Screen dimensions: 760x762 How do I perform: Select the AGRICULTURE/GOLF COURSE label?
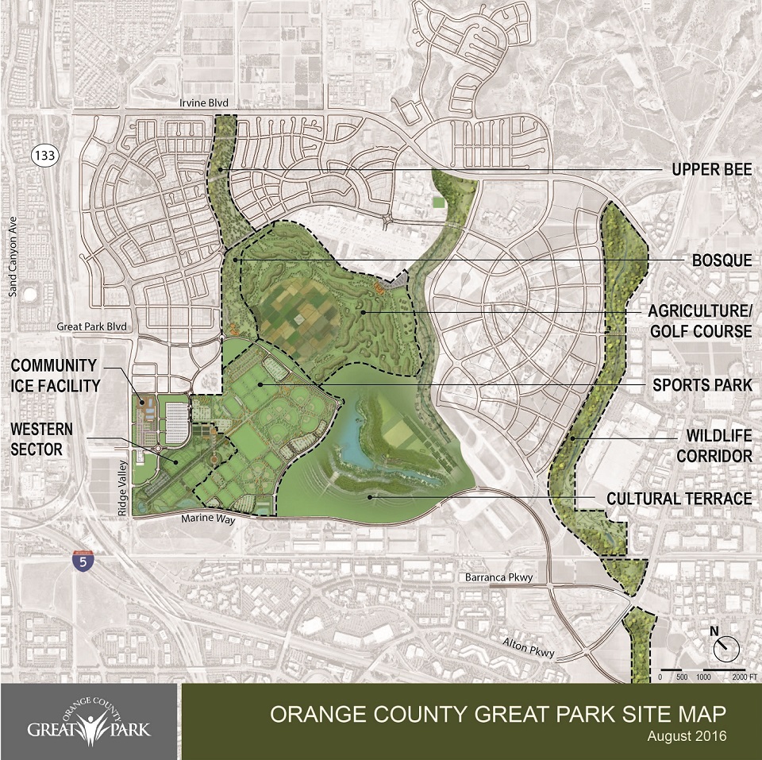701,320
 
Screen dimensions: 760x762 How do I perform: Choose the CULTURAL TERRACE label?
679,499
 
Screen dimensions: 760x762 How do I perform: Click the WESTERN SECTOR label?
42,438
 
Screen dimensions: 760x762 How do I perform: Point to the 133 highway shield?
44,156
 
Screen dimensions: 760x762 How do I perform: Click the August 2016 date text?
687,736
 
